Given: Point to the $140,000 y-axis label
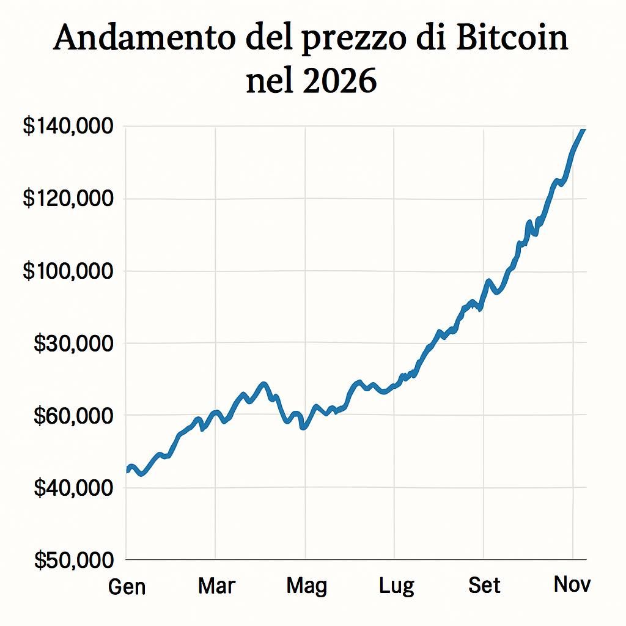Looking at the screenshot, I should point(68,127).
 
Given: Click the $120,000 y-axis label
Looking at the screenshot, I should point(68,199).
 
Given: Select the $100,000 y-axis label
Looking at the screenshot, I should point(68,271).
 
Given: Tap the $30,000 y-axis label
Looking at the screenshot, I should point(73,344).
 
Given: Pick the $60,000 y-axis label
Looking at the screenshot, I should point(73,416).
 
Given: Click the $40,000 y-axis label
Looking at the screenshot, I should point(73,488).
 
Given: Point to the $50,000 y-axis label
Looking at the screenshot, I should point(73,560).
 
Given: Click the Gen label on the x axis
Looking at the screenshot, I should point(127,587).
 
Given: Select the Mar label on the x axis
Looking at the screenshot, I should point(216,586).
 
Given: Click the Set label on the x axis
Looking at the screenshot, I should point(484,586).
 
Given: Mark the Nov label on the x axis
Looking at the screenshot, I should point(572,584).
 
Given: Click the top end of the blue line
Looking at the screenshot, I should point(584,130).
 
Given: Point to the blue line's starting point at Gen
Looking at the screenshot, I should point(127,470).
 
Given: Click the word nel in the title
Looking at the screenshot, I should point(268,81).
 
